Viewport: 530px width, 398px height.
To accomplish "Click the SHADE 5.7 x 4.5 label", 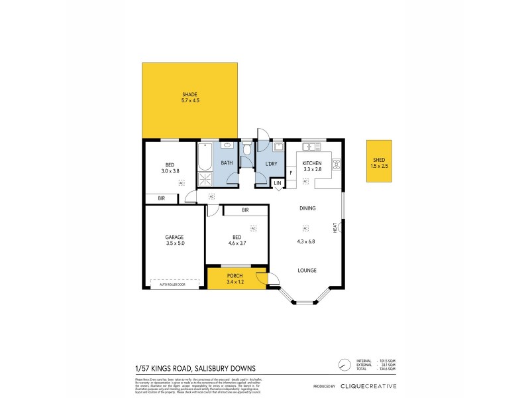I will click(190, 98).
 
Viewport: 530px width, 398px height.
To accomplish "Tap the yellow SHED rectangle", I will click(380, 161).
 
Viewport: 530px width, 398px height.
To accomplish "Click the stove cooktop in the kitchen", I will click(336, 163).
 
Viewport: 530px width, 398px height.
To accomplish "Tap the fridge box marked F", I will click(291, 173).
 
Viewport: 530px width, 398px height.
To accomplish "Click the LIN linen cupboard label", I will click(278, 182).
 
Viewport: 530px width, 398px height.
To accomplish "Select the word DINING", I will click(307, 208).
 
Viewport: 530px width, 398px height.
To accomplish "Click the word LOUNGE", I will click(306, 270).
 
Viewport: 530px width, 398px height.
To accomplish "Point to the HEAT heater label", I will click(336, 227).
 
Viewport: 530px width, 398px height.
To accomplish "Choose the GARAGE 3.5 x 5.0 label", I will click(174, 240).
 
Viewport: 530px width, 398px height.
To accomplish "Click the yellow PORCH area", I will click(235, 279).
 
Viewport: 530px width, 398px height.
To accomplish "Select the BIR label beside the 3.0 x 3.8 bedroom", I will click(161, 198).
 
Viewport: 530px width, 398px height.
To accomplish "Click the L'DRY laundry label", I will click(270, 163).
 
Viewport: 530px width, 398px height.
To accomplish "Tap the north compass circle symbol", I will click(343, 365).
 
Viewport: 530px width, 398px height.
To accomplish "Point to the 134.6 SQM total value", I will click(386, 369).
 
